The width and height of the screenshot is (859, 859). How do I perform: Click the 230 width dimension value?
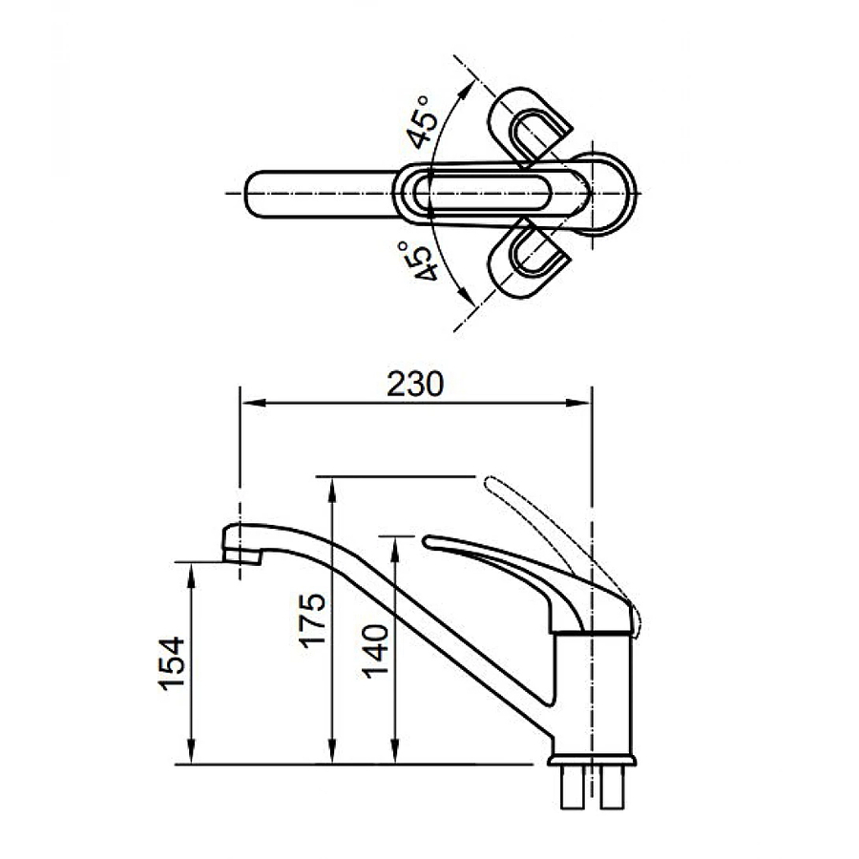point(416,384)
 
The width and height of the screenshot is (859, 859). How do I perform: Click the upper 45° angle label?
point(427,122)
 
